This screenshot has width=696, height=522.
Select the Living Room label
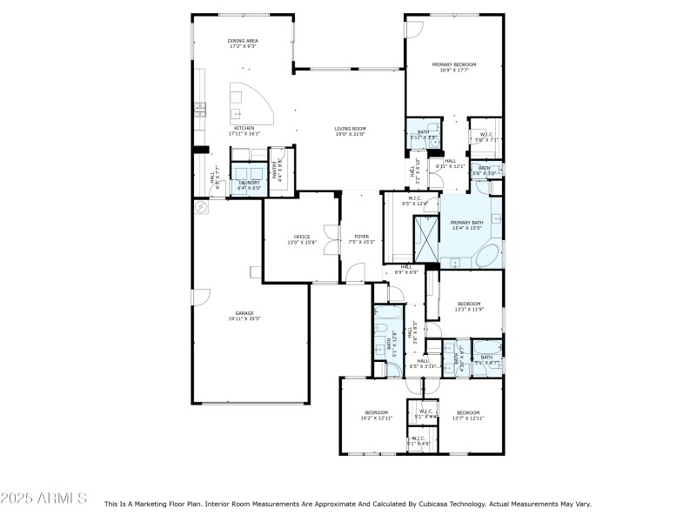click(350, 131)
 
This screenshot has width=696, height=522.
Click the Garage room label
click(244, 317)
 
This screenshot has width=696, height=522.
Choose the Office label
click(302, 239)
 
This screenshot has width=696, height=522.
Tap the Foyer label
click(361, 239)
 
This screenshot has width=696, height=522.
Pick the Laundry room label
click(250, 184)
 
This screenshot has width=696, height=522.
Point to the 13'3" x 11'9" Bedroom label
click(469, 306)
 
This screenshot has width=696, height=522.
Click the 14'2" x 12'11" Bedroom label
click(376, 415)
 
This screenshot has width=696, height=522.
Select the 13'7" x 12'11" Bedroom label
click(468, 415)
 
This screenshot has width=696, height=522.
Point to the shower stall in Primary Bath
click(426, 238)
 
